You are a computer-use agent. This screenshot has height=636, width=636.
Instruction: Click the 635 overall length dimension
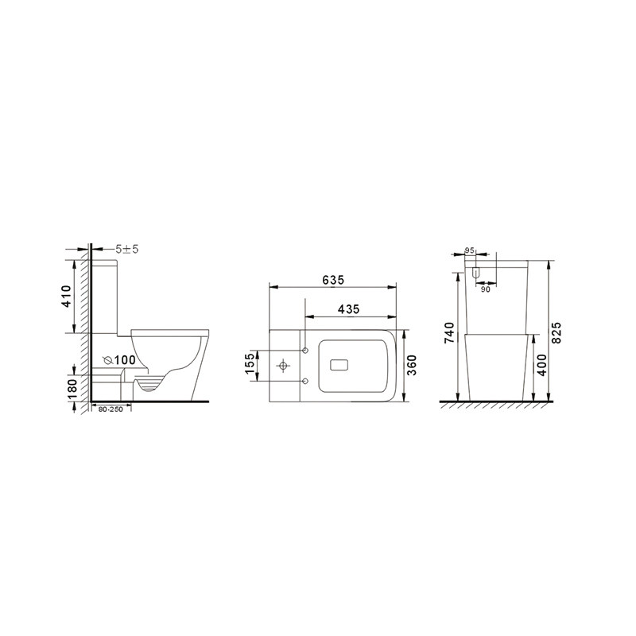pos(333,280)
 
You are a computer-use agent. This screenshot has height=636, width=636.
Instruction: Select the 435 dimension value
pos(348,309)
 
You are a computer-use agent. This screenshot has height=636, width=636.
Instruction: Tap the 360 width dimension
pos(411,365)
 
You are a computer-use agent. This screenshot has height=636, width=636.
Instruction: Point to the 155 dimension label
pos(250,363)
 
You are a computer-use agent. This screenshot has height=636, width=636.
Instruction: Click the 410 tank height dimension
pos(66,296)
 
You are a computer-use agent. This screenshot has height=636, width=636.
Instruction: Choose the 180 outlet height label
pos(72,390)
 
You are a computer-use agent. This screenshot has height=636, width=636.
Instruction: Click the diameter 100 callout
pos(119,360)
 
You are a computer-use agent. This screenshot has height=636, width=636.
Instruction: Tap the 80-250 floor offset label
pos(111,409)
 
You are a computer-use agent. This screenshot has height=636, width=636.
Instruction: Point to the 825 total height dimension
pos(557,333)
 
